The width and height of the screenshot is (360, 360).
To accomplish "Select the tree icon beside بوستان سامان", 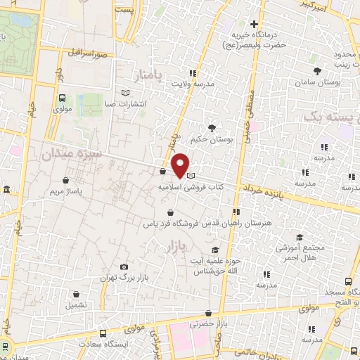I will click(x=319, y=70).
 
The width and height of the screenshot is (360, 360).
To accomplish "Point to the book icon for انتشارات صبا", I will click(x=126, y=92).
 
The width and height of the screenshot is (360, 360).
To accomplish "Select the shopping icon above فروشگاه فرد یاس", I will click(x=170, y=212).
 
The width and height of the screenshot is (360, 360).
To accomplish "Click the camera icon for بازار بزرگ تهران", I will click(x=124, y=267).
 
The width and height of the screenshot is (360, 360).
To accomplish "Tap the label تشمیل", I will click(x=77, y=305).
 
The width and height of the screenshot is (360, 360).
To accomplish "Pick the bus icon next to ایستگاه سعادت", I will click(x=103, y=334).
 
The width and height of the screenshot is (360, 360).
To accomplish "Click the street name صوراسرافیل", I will click(x=85, y=53).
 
